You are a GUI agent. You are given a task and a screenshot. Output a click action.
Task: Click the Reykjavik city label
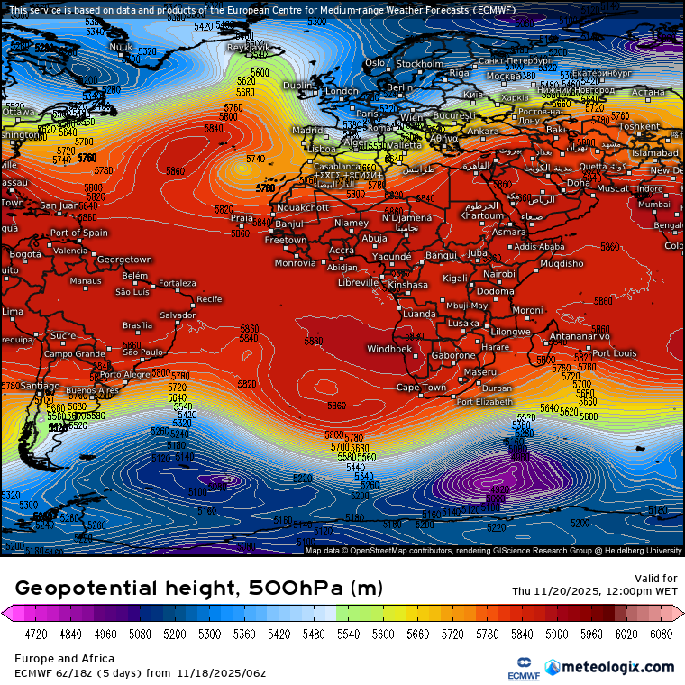pos(248,47)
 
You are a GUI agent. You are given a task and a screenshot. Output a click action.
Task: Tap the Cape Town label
pos(421,388)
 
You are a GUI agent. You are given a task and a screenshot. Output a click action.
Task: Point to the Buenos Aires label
pos(93,390)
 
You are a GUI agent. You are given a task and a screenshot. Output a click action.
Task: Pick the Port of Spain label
pos(79,233)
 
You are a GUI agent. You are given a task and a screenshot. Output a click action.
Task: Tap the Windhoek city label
pos(389,349)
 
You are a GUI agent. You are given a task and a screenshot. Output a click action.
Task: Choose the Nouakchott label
pos(304,207)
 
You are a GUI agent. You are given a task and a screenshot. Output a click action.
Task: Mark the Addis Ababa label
pos(539,246)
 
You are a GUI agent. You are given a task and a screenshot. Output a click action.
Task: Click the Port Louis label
pos(615,353)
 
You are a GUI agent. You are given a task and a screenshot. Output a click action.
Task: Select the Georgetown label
pos(124,260)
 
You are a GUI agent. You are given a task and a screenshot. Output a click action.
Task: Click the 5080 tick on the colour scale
pos(140,634)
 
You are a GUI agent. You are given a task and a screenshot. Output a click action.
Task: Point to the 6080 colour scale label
pos(661,634)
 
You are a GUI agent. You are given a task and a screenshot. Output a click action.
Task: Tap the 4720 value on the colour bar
pos(35,634)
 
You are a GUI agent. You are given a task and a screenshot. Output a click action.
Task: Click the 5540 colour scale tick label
pos(348,634)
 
